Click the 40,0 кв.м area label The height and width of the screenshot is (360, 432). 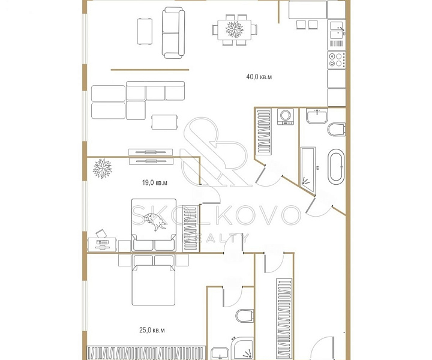[x=259, y=77]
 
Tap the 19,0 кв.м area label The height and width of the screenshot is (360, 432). [x=155, y=182]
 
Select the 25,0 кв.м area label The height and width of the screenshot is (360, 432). [x=152, y=330]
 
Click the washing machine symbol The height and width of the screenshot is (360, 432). [x=286, y=116]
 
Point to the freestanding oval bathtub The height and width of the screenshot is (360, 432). [x=336, y=167]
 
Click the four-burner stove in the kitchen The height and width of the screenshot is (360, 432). [x=337, y=60]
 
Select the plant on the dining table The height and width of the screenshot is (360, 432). [x=235, y=29]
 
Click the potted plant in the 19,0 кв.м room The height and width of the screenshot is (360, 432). [x=103, y=168]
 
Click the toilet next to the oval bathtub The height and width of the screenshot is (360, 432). [x=337, y=130]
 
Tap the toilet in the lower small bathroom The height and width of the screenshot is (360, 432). [x=244, y=316]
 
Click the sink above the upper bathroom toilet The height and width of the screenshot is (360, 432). [x=317, y=116]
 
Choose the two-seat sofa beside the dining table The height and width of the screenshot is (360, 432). [x=173, y=33]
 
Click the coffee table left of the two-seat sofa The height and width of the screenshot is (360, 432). [x=145, y=31]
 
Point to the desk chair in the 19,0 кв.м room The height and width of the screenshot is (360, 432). [x=101, y=234]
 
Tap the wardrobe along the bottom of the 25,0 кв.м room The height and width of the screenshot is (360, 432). [x=146, y=353]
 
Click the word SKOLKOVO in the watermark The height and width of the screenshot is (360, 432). [x=215, y=215]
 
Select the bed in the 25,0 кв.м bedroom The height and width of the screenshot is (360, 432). [x=154, y=280]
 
